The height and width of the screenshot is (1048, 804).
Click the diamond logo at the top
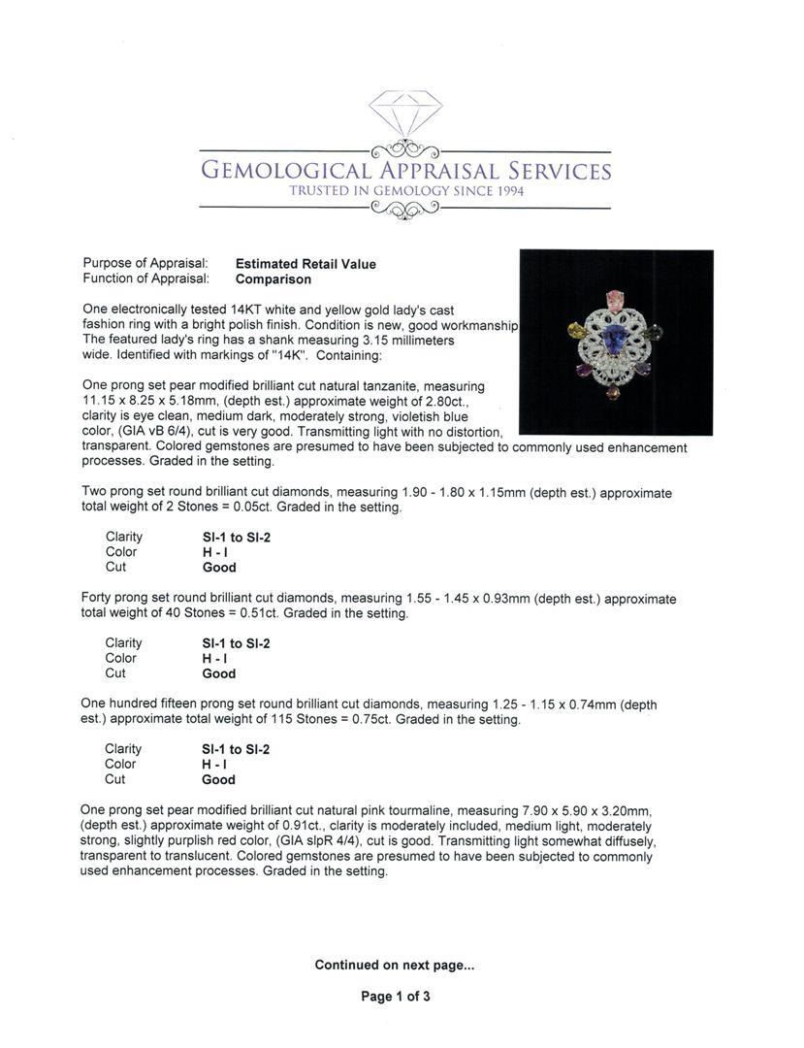[405, 114]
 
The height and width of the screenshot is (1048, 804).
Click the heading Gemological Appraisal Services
[405, 171]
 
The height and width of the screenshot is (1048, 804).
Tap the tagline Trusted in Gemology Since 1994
[405, 191]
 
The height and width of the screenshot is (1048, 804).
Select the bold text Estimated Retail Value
[306, 264]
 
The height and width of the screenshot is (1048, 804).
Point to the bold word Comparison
[273, 279]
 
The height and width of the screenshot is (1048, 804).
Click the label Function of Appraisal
[145, 279]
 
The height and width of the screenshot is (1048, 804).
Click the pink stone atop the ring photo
[614, 297]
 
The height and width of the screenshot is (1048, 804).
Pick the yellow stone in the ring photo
[575, 331]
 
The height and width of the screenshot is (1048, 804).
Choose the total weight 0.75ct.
[365, 720]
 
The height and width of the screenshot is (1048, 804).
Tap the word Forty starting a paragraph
[98, 599]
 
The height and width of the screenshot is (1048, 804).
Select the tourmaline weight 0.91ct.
[289, 826]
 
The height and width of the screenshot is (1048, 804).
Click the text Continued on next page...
[394, 965]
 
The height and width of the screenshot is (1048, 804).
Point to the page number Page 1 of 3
[395, 997]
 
